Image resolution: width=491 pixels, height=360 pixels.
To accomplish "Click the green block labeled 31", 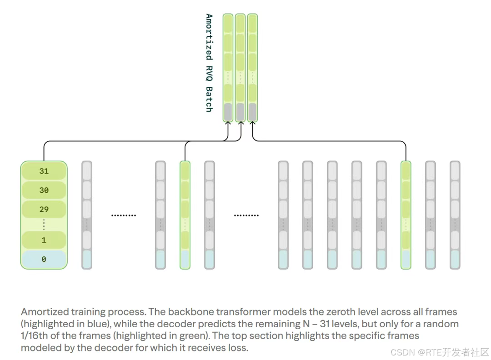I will click(44, 171).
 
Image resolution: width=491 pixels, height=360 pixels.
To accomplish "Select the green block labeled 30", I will click(44, 190).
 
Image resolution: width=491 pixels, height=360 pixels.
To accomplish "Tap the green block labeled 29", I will click(44, 210).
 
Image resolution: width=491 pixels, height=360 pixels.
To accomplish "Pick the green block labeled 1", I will click(44, 240).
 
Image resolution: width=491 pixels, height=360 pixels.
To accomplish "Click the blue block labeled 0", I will click(44, 260).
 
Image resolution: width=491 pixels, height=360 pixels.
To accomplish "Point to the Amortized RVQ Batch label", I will click(209, 63).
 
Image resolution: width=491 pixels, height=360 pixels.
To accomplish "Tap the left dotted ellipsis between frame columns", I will click(124, 215).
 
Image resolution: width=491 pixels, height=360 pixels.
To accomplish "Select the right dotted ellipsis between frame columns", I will click(246, 215).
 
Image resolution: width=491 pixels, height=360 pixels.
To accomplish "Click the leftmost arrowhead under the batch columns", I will click(228, 124).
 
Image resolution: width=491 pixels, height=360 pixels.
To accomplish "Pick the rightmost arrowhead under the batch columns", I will click(252, 124).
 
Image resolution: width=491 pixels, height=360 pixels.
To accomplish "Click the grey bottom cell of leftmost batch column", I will click(228, 111).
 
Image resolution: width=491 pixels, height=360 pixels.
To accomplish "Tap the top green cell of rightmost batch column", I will click(252, 23).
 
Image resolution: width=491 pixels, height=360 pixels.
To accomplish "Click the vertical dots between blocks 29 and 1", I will click(44, 225).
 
